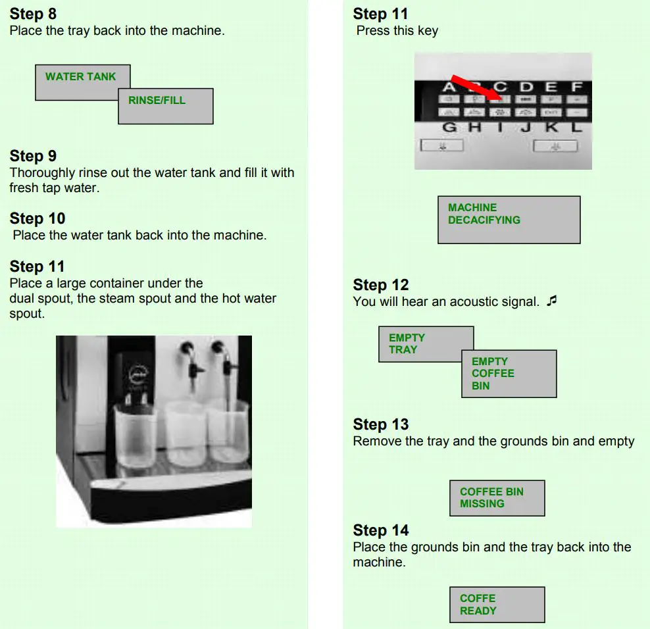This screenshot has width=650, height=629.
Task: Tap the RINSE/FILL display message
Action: pos(165,106)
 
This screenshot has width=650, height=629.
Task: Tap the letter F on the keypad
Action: pos(576,87)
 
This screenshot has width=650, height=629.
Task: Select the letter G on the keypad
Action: pos(450,127)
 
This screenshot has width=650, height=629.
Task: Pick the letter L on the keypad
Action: pos(576,127)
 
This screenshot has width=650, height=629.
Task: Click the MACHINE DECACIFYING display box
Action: pos(509,220)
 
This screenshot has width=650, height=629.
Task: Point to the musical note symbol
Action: pos(551,301)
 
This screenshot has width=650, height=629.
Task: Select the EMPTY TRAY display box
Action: pos(425,344)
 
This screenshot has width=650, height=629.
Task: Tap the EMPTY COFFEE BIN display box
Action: pos(509,374)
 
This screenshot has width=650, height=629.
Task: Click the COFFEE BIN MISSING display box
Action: pos(497,498)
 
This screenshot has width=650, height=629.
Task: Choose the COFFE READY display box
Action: pos(497,605)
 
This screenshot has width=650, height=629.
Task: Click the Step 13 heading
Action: pos(380,424)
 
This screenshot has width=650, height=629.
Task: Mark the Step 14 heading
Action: pos(380,530)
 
